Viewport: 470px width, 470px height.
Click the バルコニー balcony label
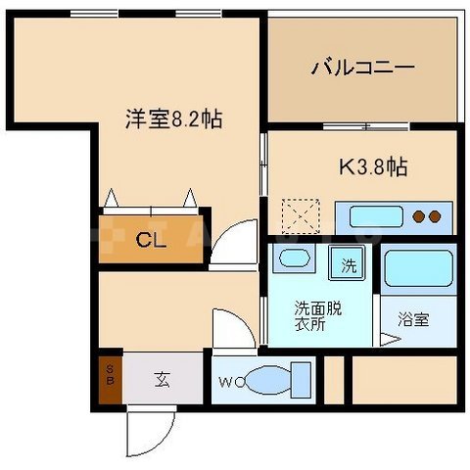[363, 68]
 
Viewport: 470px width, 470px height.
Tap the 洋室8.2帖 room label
[172, 119]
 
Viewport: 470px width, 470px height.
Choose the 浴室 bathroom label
[412, 319]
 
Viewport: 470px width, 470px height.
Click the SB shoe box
[110, 379]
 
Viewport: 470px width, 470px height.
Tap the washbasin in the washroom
[294, 261]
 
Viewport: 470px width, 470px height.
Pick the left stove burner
[419, 215]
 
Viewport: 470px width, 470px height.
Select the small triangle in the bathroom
[390, 340]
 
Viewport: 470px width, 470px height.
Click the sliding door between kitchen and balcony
[363, 126]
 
